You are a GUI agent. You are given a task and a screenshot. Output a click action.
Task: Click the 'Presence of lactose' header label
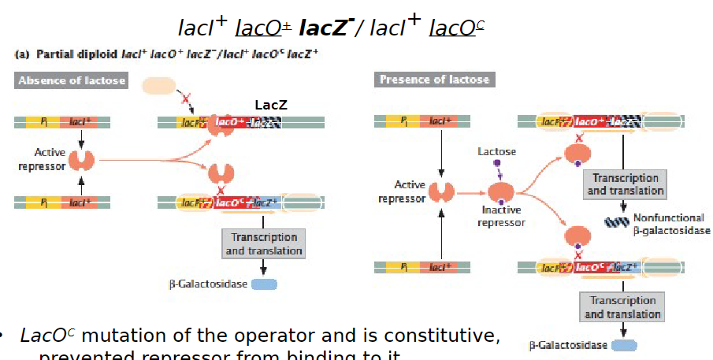(434, 80)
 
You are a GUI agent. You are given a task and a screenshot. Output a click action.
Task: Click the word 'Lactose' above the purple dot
(497, 151)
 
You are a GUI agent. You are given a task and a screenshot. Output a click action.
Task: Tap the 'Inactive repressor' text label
(501, 217)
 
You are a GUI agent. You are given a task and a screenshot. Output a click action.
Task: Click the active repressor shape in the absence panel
(81, 161)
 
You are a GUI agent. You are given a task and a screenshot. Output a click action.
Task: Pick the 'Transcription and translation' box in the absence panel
(264, 243)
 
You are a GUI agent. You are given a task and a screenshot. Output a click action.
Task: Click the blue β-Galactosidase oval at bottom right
(624, 345)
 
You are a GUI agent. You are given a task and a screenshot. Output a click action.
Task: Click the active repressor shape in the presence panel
(443, 191)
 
